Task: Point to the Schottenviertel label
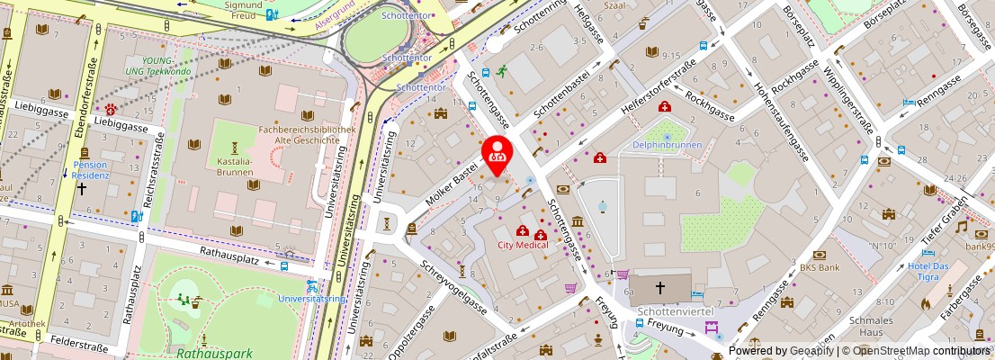[x=675, y=310]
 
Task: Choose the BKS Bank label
[x=820, y=267]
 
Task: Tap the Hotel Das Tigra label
[x=928, y=272]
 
